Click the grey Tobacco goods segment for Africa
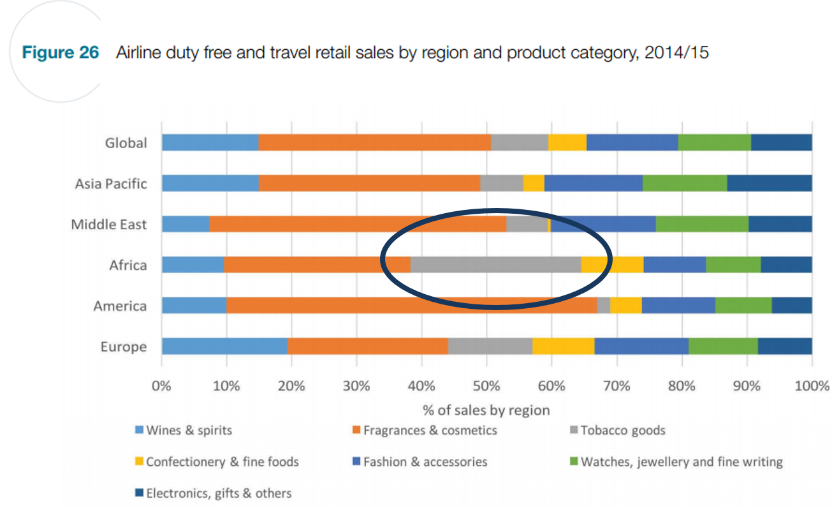pyautogui.click(x=495, y=265)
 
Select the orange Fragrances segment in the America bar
pyautogui.click(x=411, y=306)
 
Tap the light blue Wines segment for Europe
pyautogui.click(x=224, y=346)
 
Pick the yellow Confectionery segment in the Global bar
pyautogui.click(x=567, y=142)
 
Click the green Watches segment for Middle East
pyautogui.click(x=701, y=224)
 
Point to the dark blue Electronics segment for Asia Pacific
pyautogui.click(x=769, y=183)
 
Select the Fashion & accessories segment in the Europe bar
pyautogui.click(x=641, y=346)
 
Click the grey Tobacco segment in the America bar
pyautogui.click(x=603, y=306)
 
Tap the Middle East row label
pyautogui.click(x=109, y=225)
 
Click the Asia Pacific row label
pyautogui.click(x=111, y=184)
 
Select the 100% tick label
pyautogui.click(x=812, y=386)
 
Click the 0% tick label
pyautogui.click(x=162, y=386)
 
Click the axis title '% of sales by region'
pyautogui.click(x=486, y=410)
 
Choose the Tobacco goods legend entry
pyautogui.click(x=622, y=431)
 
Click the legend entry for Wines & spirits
pyautogui.click(x=189, y=431)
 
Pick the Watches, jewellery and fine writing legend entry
pyautogui.click(x=681, y=462)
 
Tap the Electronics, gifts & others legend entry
pyautogui.click(x=218, y=493)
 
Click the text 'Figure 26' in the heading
pyautogui.click(x=61, y=52)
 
